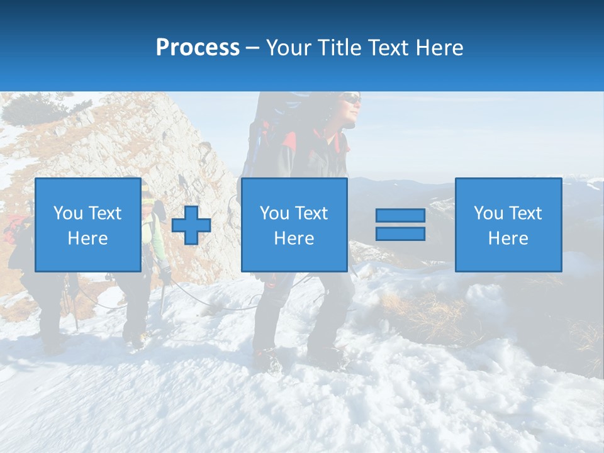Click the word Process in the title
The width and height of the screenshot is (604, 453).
pyautogui.click(x=198, y=47)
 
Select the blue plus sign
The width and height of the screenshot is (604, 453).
pyautogui.click(x=191, y=225)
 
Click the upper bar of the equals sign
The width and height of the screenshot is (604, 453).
pyautogui.click(x=400, y=216)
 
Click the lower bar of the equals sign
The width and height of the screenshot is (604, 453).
pyautogui.click(x=400, y=233)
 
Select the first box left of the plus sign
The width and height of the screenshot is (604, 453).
pyautogui.click(x=87, y=225)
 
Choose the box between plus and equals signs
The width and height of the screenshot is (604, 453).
pyautogui.click(x=294, y=225)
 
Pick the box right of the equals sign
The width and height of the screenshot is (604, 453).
pyautogui.click(x=508, y=225)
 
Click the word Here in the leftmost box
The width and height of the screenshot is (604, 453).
pyautogui.click(x=87, y=238)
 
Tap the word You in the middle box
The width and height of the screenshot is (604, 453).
pyautogui.click(x=274, y=213)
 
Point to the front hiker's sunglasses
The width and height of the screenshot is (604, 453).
pyautogui.click(x=352, y=99)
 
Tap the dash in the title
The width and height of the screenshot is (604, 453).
pyautogui.click(x=252, y=48)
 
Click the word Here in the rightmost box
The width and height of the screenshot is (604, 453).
pyautogui.click(x=508, y=238)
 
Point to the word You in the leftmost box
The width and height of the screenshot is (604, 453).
pyautogui.click(x=68, y=213)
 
